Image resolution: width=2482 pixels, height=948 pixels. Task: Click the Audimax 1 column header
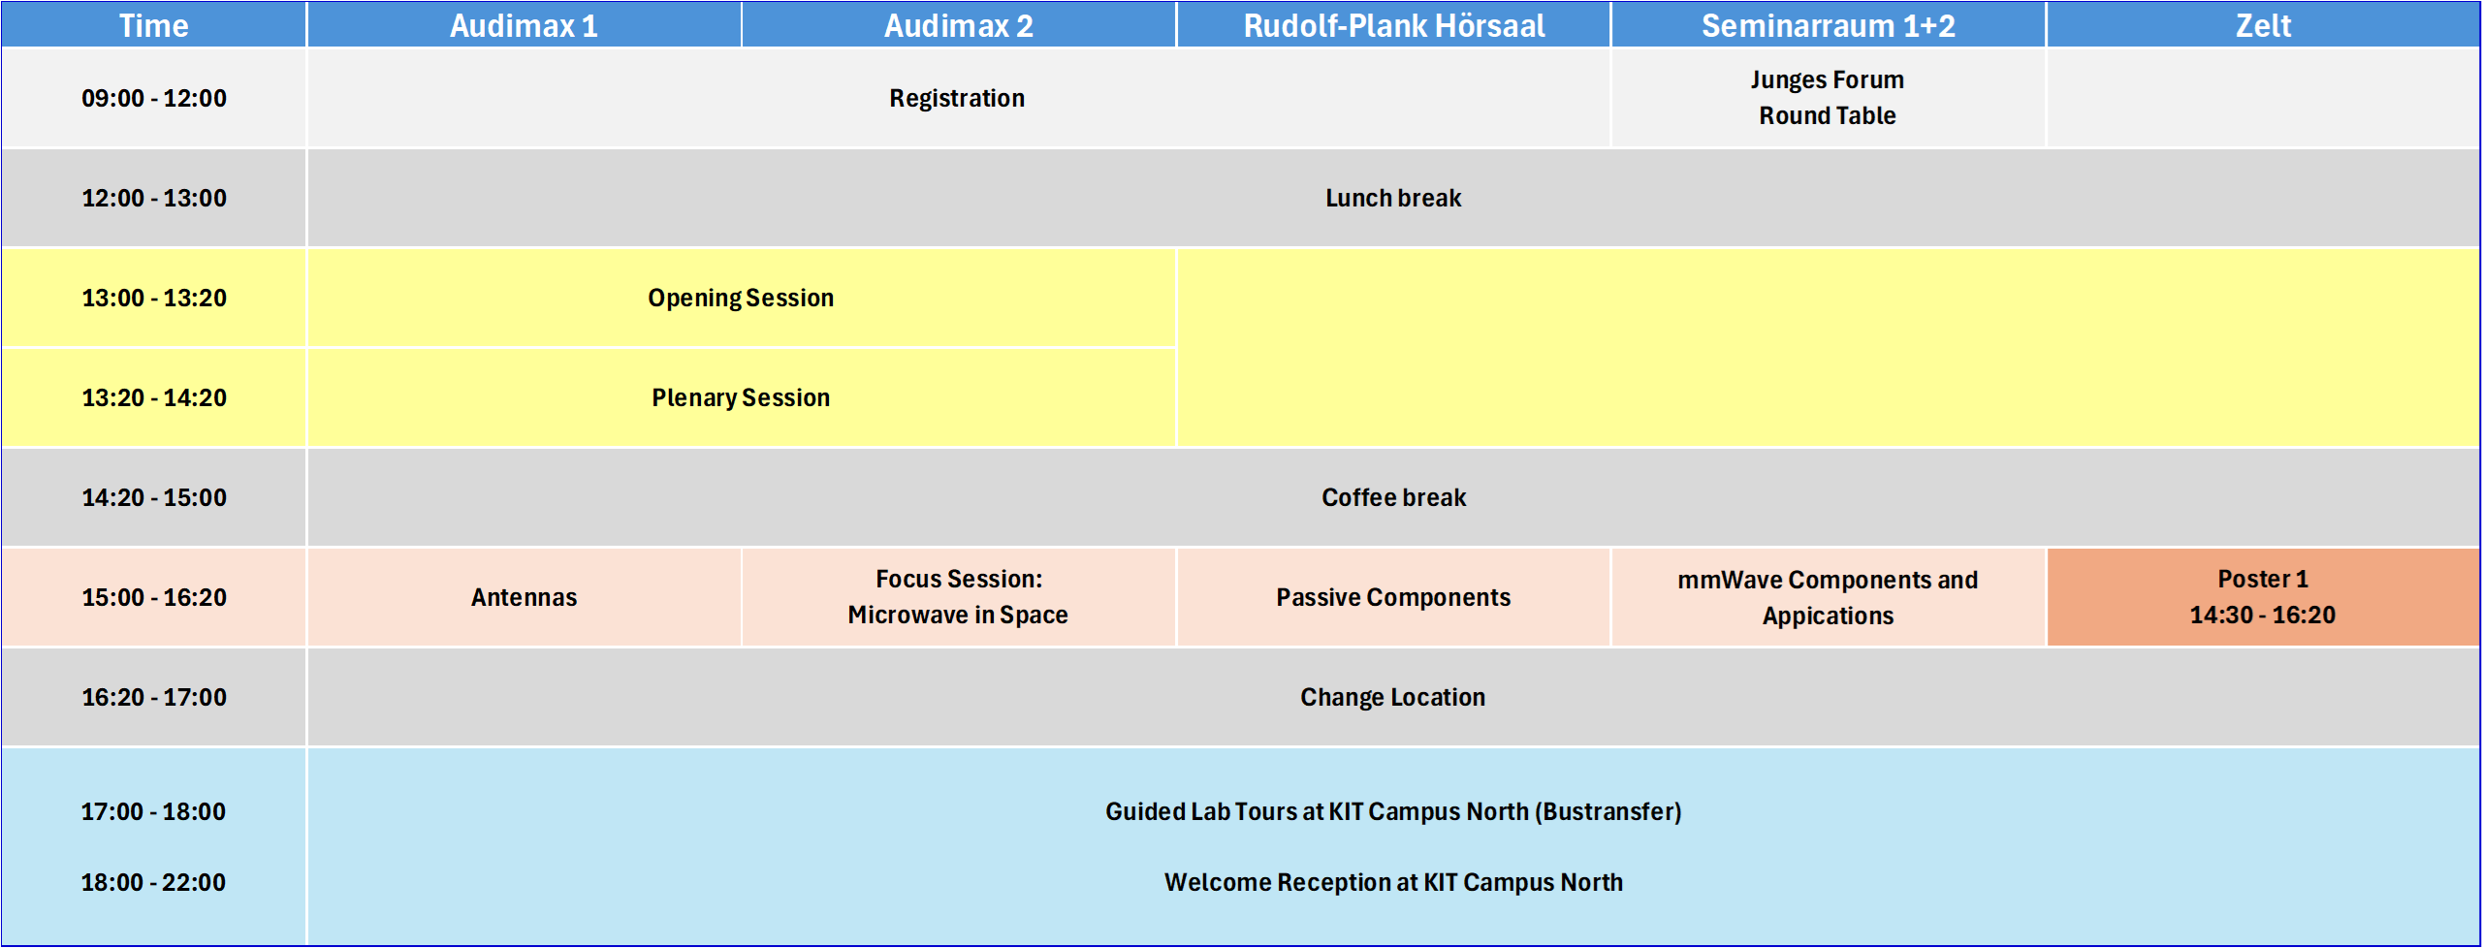coord(524,25)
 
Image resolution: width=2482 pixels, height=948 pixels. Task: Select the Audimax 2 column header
coord(958,25)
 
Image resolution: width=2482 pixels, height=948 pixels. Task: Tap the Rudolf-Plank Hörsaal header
coord(1393,25)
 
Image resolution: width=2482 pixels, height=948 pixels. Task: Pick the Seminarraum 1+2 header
coord(1828,25)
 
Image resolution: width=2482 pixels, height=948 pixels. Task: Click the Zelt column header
coord(2263,25)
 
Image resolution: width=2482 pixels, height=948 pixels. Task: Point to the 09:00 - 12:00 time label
coord(154,98)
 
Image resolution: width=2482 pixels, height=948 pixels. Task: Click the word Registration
coord(957,98)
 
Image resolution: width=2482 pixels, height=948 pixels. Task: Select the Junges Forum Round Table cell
coord(1828,97)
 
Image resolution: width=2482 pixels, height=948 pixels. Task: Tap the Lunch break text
coord(1393,198)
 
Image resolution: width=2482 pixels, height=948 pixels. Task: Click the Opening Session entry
coord(741,298)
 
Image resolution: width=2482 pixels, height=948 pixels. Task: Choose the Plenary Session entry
coord(741,397)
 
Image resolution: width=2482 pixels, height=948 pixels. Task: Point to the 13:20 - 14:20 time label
coord(154,397)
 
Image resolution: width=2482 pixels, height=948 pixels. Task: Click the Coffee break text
coord(1393,497)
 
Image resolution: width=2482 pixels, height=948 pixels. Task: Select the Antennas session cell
coord(524,597)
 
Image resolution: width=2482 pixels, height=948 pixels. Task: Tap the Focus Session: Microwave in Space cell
coord(958,597)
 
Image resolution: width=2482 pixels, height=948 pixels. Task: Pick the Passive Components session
coord(1393,597)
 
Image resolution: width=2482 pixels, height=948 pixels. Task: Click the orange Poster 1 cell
coord(2263,597)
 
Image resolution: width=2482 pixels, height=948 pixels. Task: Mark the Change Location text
coord(1393,697)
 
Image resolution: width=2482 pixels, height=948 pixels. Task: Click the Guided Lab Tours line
coord(1393,811)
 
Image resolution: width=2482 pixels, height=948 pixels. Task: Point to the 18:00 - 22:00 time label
coord(153,882)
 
